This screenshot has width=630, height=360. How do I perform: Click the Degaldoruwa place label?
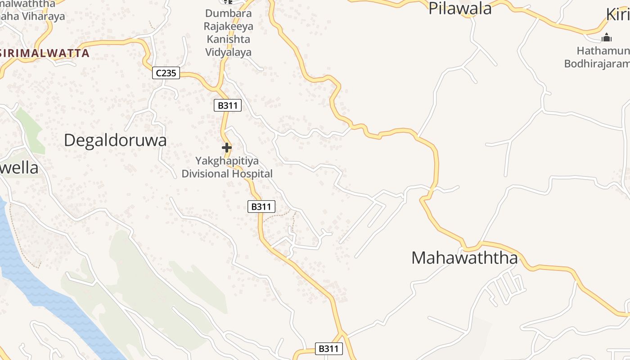click(115, 140)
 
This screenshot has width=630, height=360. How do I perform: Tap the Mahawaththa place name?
click(464, 258)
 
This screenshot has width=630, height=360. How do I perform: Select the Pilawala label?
click(460, 9)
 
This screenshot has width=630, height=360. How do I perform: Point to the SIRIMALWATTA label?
click(45, 53)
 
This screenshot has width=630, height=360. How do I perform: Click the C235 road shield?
click(166, 72)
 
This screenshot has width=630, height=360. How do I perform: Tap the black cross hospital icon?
click(227, 147)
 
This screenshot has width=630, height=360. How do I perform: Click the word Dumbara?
click(229, 13)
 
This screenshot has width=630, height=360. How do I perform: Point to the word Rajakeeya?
click(229, 26)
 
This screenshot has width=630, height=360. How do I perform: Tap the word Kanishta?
click(229, 39)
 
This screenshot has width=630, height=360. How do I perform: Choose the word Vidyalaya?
click(229, 52)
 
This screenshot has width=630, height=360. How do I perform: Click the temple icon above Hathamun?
click(607, 37)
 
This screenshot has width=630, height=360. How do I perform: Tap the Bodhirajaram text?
click(597, 63)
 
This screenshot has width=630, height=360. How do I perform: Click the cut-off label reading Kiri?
click(618, 14)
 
